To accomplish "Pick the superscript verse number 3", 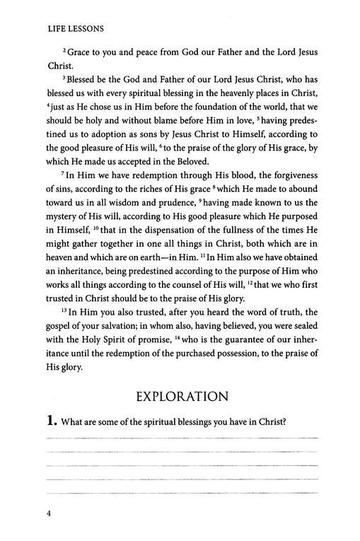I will coord(63,95).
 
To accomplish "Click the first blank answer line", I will coord(182,440).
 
